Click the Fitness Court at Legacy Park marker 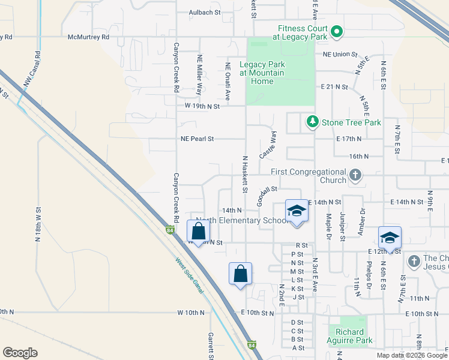coord(337,32)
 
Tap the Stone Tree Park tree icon coord(312,122)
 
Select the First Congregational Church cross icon coord(355,176)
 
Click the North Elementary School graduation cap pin coord(296,211)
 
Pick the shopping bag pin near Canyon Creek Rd coord(198,232)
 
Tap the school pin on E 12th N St coord(390,238)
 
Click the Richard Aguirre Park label coord(350,336)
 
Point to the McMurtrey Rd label coord(89,37)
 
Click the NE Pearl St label coord(197,139)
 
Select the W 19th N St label coord(202,106)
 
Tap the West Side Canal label coord(190,277)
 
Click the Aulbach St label coord(205,11)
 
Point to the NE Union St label coord(340,54)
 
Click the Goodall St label coord(267,194)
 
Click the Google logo coord(20,353)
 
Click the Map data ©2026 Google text coord(411,355)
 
